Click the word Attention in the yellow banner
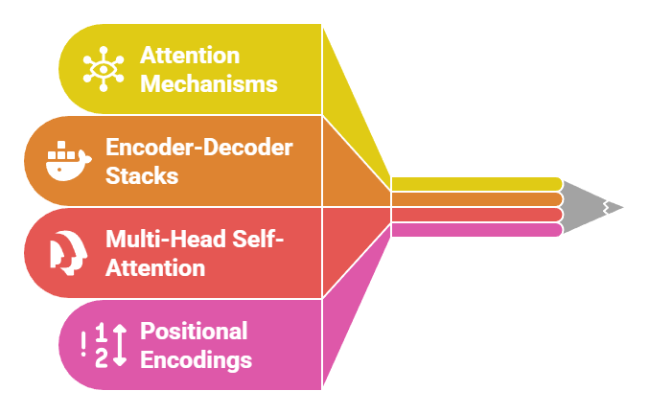pyautogui.click(x=189, y=55)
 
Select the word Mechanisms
pyautogui.click(x=208, y=83)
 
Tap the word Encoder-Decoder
pyautogui.click(x=198, y=148)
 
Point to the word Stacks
pyautogui.click(x=142, y=176)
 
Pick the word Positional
pyautogui.click(x=194, y=331)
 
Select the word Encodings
pyautogui.click(x=197, y=360)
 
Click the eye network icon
pyautogui.click(x=103, y=69)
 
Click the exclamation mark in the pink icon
pyautogui.click(x=84, y=344)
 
